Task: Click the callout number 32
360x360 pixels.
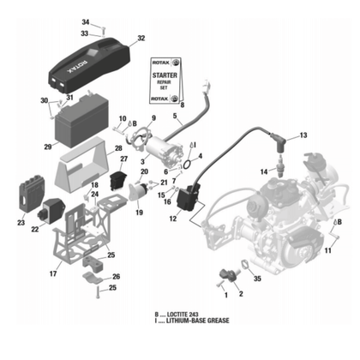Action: pos(141,39)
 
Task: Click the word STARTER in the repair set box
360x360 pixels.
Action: pos(165,75)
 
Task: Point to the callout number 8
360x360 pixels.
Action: pos(182,103)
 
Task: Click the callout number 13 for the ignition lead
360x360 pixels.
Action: pos(302,136)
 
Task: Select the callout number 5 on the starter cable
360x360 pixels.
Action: pos(175,116)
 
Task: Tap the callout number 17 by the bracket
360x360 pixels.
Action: pos(53,274)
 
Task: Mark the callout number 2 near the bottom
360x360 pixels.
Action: pos(240,294)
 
